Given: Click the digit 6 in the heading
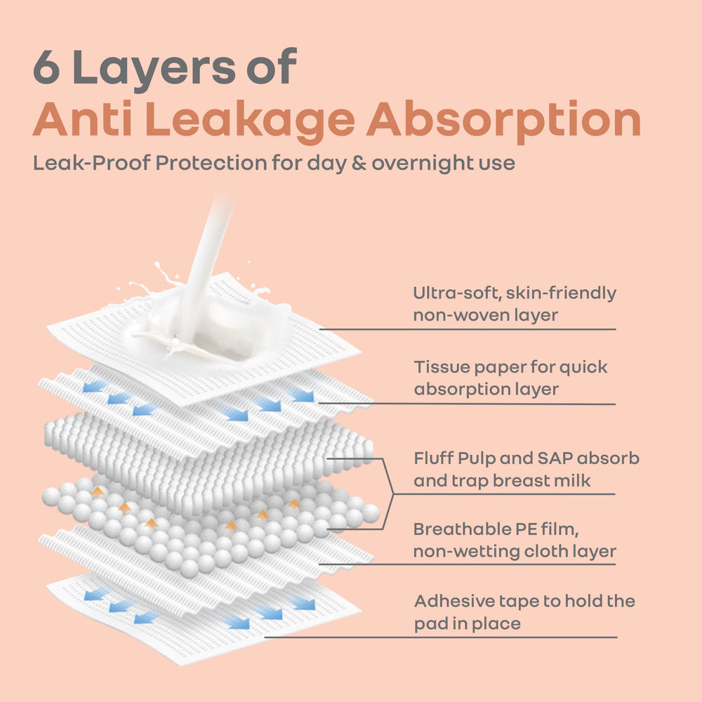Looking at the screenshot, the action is coord(46,67).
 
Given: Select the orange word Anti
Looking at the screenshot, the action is coord(83,119).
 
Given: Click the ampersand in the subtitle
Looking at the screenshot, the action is coord(359,163).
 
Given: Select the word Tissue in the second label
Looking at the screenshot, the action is coord(442,367).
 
